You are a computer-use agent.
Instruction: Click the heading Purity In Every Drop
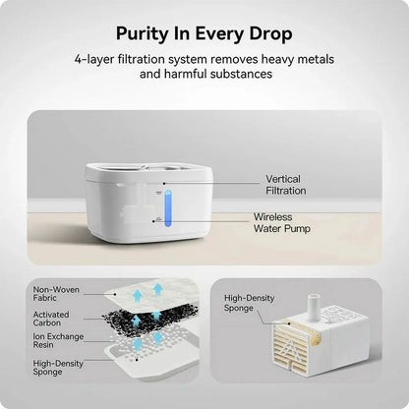point(204,34)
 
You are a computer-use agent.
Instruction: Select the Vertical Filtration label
point(286,185)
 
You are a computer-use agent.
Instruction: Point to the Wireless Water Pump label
point(281,222)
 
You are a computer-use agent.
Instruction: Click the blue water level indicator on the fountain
point(168,208)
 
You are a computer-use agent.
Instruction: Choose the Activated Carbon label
point(51,319)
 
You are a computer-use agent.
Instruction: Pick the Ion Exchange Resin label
point(58,340)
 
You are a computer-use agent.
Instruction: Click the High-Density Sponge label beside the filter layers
point(58,368)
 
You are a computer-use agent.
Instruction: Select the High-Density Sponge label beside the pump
point(249,303)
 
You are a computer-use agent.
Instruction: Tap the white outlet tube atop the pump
point(313,307)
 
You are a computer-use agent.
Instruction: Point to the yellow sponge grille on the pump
point(290,347)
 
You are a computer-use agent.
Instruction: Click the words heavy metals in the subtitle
point(298,60)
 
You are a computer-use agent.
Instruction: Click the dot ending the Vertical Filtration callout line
point(164,184)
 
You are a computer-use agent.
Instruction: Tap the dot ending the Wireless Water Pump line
point(153,221)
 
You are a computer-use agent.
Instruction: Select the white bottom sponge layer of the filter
point(151,360)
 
